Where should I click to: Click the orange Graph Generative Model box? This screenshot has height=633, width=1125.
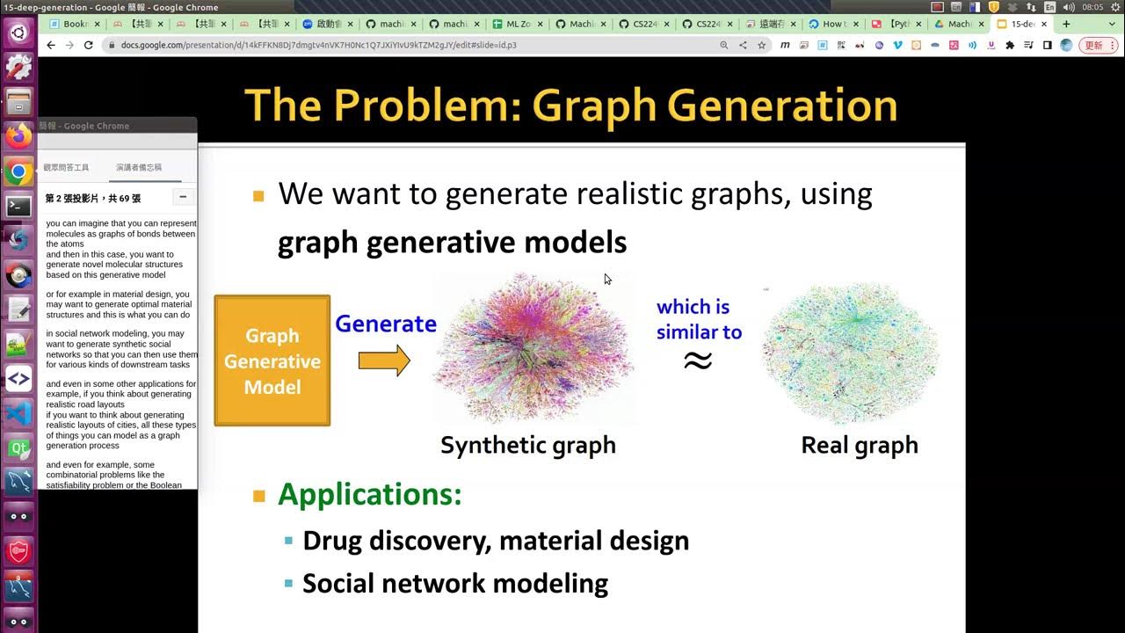click(272, 360)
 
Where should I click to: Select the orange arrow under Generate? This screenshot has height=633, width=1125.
click(384, 360)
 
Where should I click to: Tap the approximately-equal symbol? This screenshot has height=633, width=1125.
click(698, 360)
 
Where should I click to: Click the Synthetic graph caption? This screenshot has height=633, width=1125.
click(527, 445)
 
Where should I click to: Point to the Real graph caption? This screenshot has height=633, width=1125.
click(859, 445)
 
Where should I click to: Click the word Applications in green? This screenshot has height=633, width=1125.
click(369, 494)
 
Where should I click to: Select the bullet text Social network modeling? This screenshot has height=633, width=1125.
click(455, 583)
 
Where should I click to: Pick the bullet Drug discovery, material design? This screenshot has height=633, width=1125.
click(496, 540)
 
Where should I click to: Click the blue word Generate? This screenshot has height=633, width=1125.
click(385, 324)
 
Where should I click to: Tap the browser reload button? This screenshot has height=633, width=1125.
click(89, 45)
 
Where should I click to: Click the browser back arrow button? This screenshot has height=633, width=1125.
click(51, 45)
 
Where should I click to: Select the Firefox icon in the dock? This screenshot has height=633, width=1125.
click(18, 135)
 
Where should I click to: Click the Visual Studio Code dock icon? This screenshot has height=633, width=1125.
click(18, 413)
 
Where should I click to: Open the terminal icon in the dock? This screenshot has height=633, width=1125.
click(18, 206)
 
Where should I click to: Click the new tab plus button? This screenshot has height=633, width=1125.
click(1066, 24)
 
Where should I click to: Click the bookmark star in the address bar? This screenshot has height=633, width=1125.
click(762, 45)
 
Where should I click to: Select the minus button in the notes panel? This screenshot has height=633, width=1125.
click(183, 197)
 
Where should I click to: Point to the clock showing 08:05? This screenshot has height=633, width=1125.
click(1092, 7)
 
